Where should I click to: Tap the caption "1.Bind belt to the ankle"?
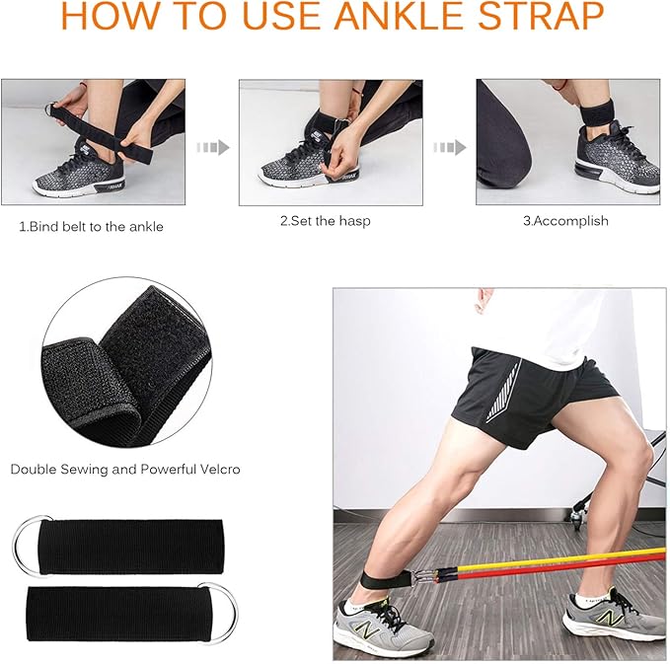[x=91, y=227]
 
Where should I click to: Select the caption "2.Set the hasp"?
[x=325, y=221]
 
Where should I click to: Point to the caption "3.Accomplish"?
[x=565, y=221]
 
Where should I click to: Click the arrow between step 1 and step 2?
[x=213, y=147]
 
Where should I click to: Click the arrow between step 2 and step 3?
[x=450, y=147]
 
